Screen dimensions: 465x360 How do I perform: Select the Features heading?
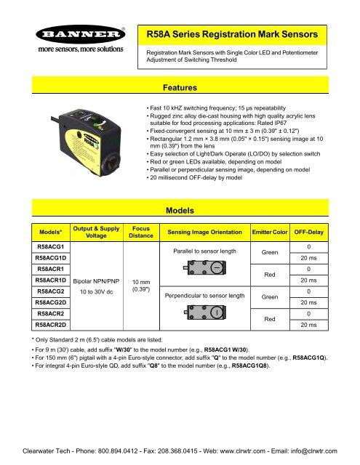(180, 89)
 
